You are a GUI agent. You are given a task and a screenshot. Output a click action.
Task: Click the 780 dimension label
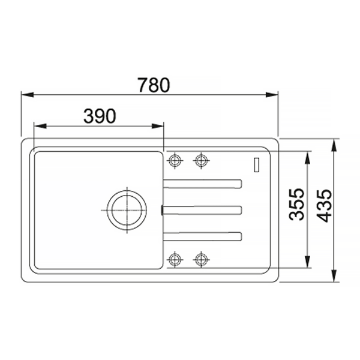pos(154,85)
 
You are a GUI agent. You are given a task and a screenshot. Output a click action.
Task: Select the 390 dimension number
pos(100,116)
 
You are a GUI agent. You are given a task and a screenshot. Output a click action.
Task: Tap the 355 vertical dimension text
pos(296,205)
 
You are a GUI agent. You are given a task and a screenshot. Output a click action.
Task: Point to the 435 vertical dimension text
pos(324,206)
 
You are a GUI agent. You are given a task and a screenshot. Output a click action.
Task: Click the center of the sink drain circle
pos(127,210)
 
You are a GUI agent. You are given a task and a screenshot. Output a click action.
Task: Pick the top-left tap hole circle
pos(175,160)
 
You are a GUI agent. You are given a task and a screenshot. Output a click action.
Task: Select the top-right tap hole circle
pos(201,160)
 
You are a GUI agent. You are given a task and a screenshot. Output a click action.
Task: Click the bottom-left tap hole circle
pos(175,260)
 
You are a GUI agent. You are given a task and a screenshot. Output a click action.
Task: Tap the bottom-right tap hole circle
pos(201,260)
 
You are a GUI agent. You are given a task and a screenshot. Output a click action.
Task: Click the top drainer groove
pos(202,184)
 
